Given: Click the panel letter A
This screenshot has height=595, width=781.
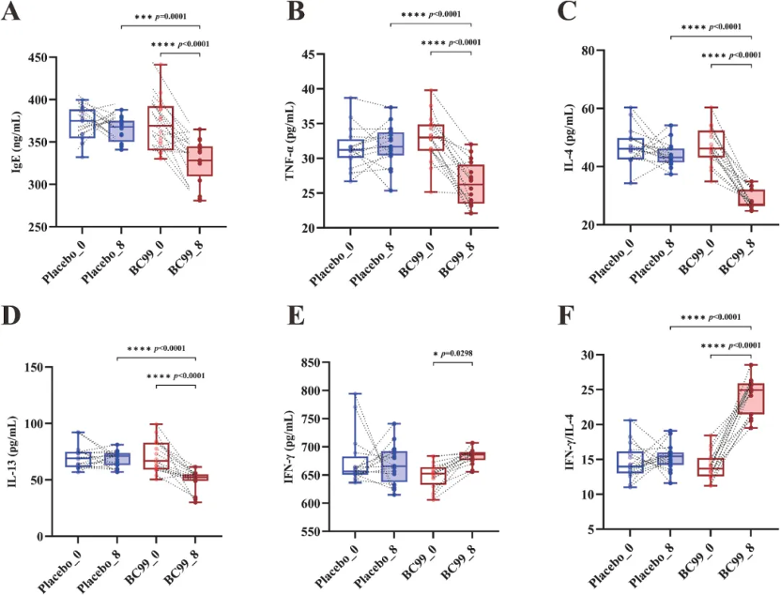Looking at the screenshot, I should coord(12,15).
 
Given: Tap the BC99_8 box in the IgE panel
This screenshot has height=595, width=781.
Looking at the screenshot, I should coord(198,160).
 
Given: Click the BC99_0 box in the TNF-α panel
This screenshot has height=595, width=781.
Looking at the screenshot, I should coord(432,137).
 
